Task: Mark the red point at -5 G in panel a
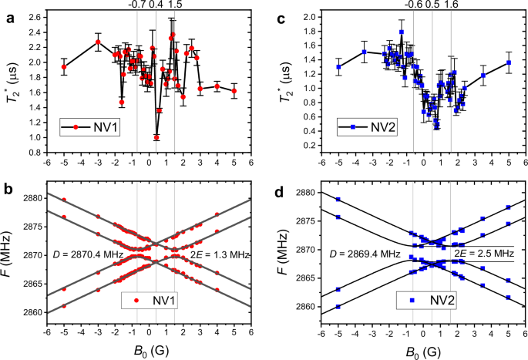click(x=64, y=67)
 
